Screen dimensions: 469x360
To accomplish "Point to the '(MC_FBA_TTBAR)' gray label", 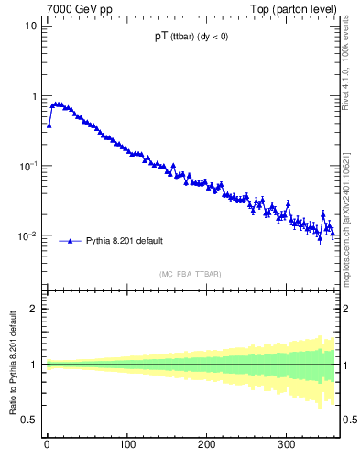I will coord(189,274).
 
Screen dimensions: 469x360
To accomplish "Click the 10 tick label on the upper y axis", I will coord(31,26).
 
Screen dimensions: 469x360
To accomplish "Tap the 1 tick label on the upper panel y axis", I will coord(34,96).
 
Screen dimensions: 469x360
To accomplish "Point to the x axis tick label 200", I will coord(207,444).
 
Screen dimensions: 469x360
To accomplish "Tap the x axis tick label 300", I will coord(287,444).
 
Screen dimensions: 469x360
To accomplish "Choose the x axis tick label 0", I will coord(47,444).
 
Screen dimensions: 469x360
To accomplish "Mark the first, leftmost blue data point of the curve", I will coord(49,125).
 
